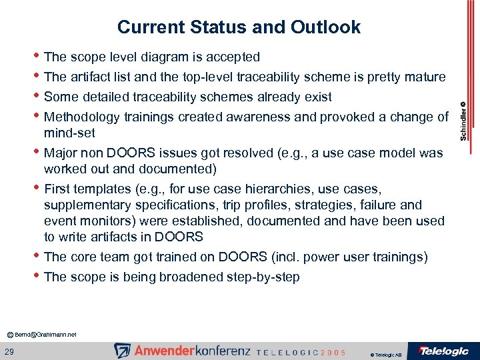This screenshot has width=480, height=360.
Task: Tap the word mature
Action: click(423, 77)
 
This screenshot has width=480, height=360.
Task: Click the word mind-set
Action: click(69, 133)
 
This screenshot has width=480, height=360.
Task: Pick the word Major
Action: click(61, 153)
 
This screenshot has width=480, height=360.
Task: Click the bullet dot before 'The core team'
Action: click(36, 257)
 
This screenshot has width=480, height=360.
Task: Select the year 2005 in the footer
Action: click(333, 352)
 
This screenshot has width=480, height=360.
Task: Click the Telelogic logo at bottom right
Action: click(443, 351)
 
